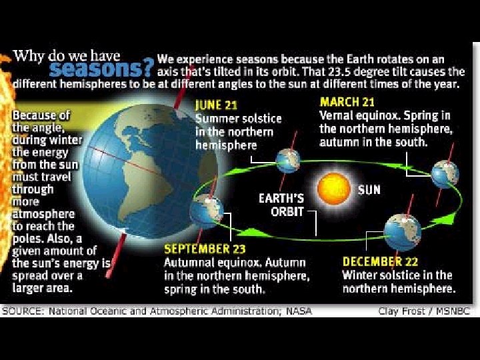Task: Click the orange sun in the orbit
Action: tap(332, 190)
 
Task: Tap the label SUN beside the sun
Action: tap(369, 189)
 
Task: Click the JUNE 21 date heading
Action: tap(217, 105)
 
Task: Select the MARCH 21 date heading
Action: tap(347, 102)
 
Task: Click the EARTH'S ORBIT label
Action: tap(281, 205)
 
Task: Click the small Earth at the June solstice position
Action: tap(288, 161)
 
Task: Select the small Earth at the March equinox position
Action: tap(445, 173)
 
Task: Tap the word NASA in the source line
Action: tap(299, 311)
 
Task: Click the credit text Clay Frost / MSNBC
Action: tap(424, 311)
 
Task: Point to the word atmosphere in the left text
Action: tap(44, 215)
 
